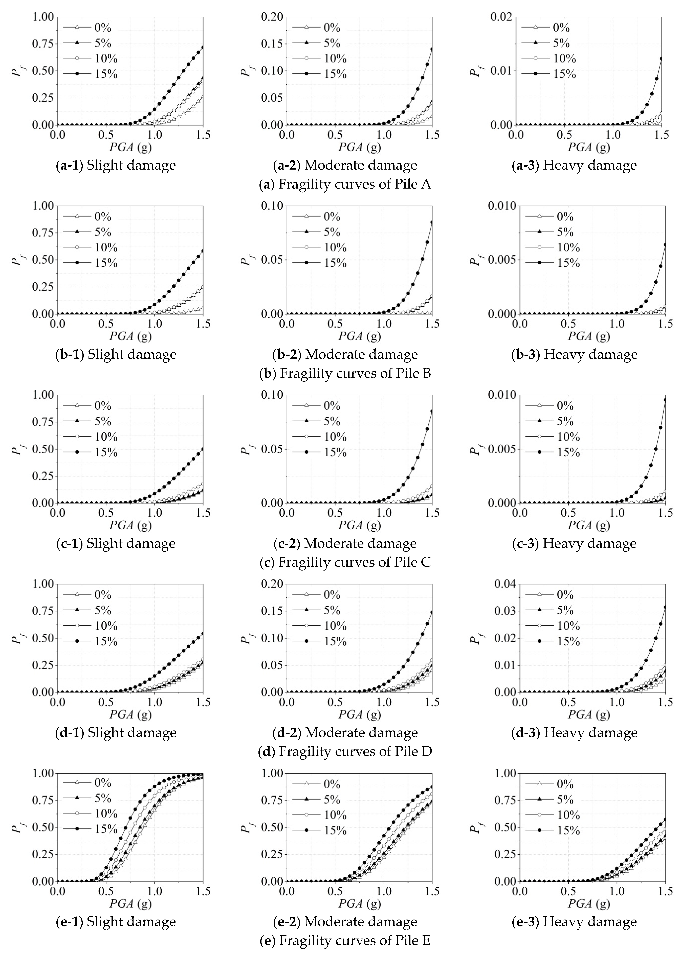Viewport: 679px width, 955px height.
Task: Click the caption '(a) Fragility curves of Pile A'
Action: point(345,184)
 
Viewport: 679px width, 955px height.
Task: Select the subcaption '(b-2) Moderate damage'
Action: point(345,354)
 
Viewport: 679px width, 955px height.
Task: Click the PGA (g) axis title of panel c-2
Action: point(360,525)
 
